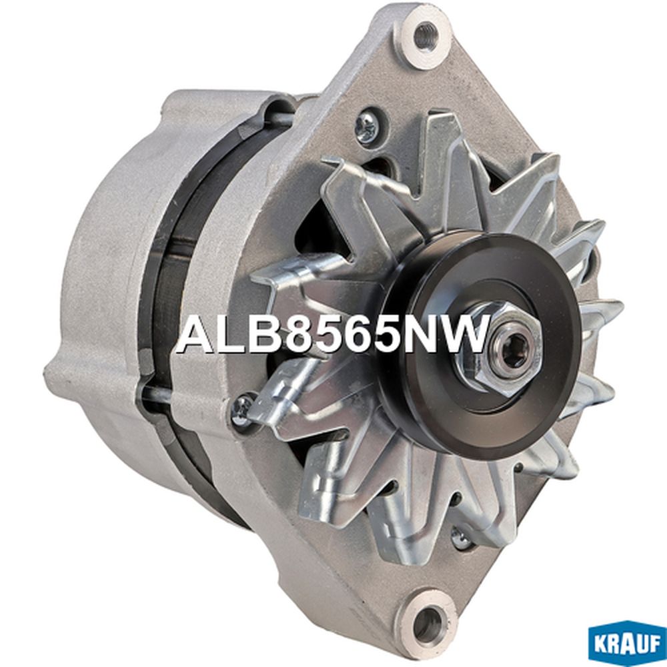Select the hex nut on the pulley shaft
(494, 346)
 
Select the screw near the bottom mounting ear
(462, 537)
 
